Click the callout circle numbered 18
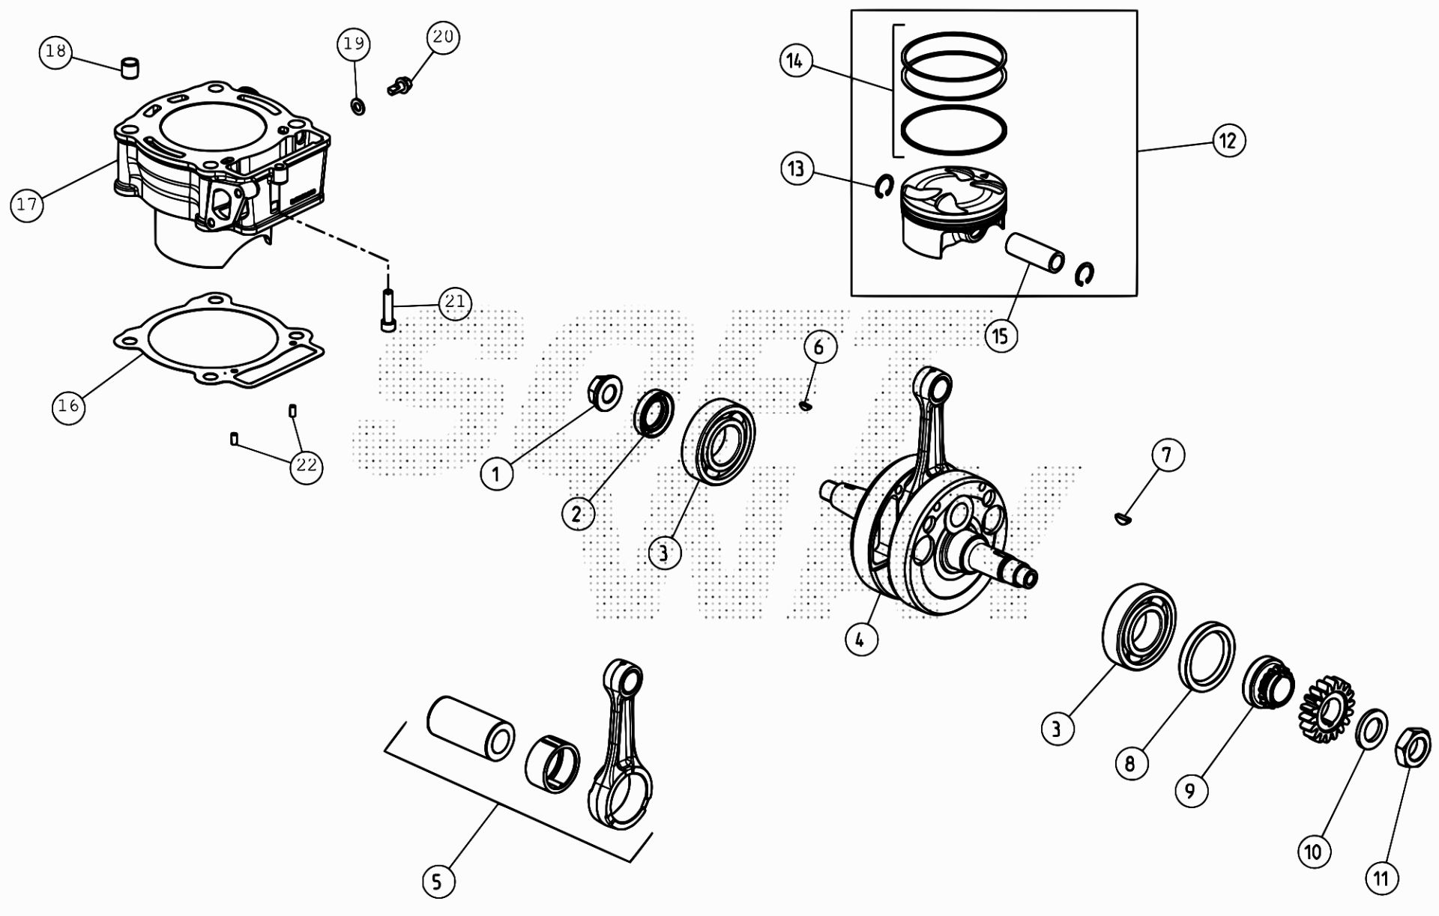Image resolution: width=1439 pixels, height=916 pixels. point(55,52)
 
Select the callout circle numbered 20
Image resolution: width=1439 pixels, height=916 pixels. point(443,37)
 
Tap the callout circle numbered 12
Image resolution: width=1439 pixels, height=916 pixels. point(1228,140)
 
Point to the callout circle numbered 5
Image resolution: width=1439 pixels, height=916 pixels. point(438,881)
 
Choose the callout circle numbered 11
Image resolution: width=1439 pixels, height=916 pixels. point(1381,878)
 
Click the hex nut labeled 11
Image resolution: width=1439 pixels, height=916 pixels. point(1412,746)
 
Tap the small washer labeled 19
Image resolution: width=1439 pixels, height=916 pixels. point(358,106)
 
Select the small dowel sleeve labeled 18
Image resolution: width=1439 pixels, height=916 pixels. point(131,67)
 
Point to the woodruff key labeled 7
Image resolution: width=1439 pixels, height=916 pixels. point(1122,518)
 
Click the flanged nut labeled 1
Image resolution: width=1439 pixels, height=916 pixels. point(603,392)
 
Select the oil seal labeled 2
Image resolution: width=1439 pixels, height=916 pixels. point(654,413)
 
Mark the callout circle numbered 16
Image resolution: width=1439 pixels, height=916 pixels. point(68,406)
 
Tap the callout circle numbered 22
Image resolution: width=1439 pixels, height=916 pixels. point(307,466)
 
